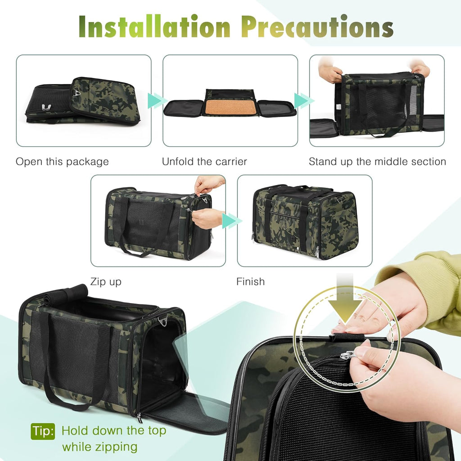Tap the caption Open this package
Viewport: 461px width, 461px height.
tap(62, 162)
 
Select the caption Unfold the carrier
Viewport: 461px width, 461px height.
tap(204, 162)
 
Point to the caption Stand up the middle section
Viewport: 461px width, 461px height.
tap(377, 162)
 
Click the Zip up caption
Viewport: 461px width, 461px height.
tap(106, 282)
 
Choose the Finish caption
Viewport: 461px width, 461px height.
tap(250, 282)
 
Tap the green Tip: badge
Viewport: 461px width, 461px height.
tap(43, 431)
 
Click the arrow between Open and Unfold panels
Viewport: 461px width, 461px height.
tap(157, 100)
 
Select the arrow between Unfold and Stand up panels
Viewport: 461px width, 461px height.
tap(303, 100)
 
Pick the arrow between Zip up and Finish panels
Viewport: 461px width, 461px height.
tap(231, 221)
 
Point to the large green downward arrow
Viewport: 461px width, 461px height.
tap(346, 306)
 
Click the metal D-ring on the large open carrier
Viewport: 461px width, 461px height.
tap(163, 321)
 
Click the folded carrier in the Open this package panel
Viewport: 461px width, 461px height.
tap(81, 100)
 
